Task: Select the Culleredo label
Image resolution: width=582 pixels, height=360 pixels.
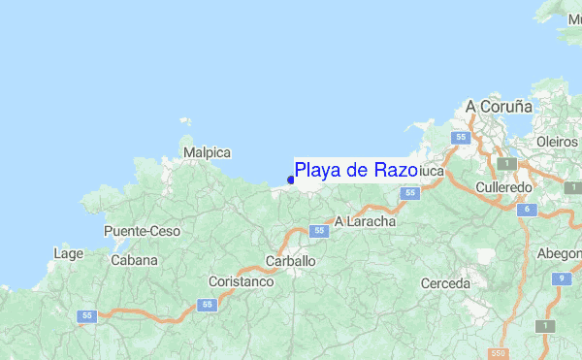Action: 504,186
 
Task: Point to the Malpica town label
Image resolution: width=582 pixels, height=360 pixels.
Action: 207,153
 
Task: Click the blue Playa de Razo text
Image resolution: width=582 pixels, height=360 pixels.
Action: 356,170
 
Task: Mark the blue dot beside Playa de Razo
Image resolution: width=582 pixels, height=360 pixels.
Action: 291,179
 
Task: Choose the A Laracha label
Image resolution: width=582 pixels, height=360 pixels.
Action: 365,221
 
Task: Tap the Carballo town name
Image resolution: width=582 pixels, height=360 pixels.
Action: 290,261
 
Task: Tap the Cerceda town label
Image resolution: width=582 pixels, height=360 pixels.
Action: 446,283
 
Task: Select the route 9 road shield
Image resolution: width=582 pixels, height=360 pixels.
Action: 560,279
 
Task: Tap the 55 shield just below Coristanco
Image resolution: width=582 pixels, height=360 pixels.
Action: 207,305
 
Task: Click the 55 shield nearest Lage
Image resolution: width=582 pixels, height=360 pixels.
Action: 88,315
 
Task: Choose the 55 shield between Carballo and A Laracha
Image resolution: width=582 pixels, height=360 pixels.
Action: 318,230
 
